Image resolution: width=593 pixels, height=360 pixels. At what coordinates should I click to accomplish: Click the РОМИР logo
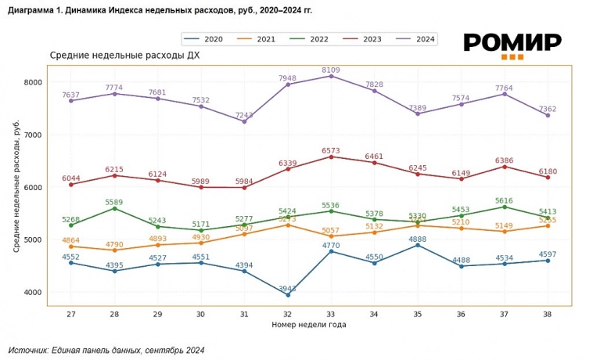tap(512, 45)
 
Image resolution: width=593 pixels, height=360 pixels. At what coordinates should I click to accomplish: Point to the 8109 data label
tap(331, 69)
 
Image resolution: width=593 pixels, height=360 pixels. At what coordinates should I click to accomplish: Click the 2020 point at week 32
tap(288, 295)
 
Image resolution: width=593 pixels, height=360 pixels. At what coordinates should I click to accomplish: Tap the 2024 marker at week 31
tap(244, 121)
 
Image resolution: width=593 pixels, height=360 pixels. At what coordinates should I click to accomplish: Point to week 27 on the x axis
tap(71, 314)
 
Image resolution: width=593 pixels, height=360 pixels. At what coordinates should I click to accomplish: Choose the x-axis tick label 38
tap(548, 314)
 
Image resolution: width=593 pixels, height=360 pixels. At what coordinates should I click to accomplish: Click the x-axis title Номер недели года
tap(309, 324)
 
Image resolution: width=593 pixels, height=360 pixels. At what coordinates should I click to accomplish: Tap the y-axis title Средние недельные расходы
tap(16, 186)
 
